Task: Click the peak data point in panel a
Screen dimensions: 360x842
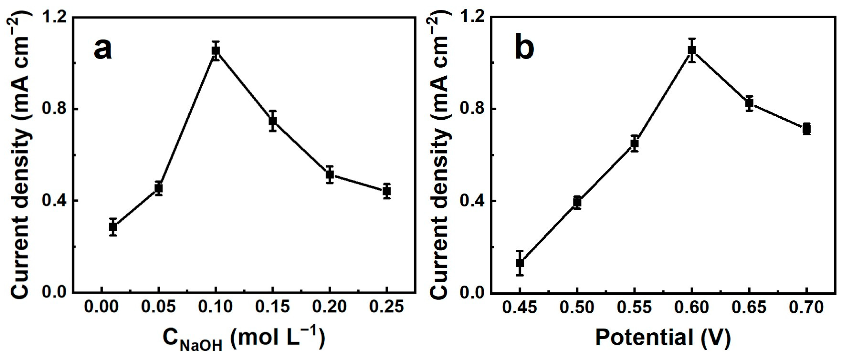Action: click(215, 51)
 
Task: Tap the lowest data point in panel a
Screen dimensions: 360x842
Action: click(113, 227)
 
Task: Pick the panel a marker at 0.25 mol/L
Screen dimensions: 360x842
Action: click(387, 191)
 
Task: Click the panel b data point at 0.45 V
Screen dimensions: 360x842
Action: click(520, 263)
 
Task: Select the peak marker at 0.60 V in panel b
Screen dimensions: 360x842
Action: click(692, 50)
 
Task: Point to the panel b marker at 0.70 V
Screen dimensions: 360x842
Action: click(806, 129)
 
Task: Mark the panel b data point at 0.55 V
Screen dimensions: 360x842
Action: click(634, 143)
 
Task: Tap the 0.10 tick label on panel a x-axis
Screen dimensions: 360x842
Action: click(215, 307)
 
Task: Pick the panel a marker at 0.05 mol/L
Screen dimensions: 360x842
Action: click(159, 188)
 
